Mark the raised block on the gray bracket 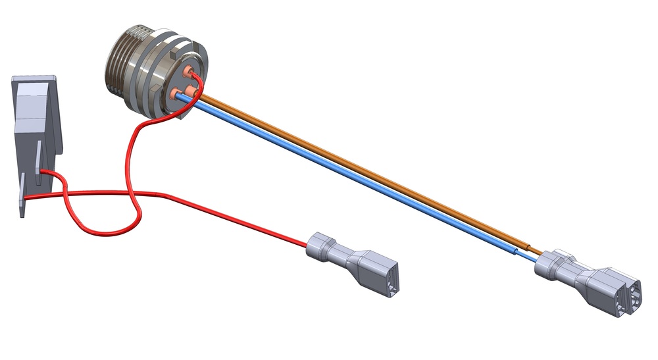point(29,109)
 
